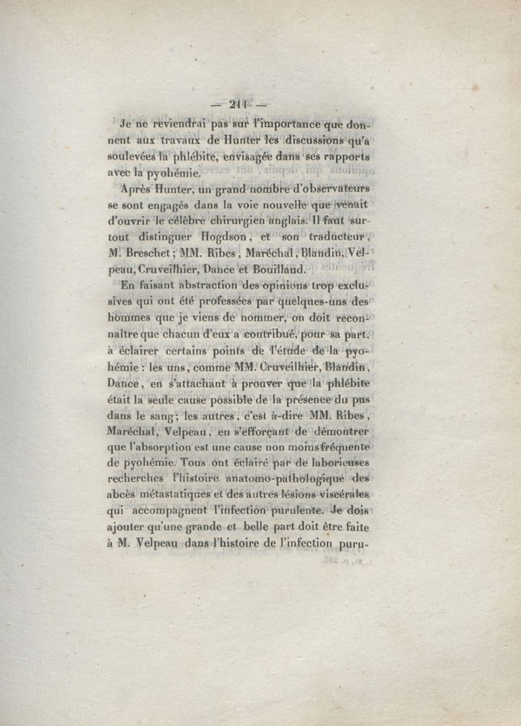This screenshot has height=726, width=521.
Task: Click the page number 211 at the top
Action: coord(236,104)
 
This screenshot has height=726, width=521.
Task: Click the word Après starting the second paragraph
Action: coord(137,190)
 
